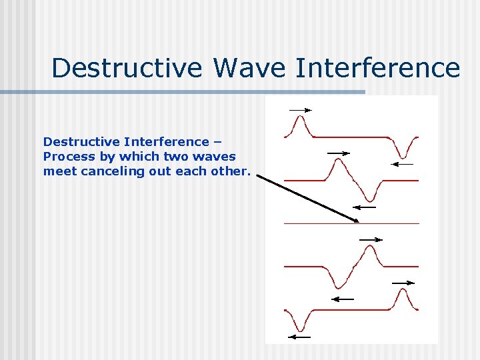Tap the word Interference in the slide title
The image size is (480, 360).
point(377,68)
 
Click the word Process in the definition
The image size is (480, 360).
point(65,157)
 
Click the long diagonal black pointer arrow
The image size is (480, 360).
point(307,199)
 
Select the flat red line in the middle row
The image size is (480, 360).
point(351,223)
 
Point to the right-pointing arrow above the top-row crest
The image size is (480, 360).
point(300,109)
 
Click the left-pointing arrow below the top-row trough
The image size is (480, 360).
point(403,163)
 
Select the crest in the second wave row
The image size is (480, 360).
point(338,164)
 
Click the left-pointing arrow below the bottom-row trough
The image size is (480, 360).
point(300,337)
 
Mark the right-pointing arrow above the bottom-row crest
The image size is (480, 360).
point(403,283)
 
